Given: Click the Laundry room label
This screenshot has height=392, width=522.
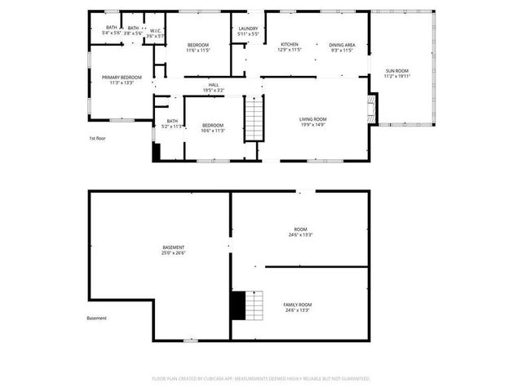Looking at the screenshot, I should (x=248, y=29).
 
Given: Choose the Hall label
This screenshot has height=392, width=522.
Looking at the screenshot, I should (x=214, y=84).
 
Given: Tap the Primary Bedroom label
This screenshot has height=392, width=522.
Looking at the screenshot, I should (x=122, y=78).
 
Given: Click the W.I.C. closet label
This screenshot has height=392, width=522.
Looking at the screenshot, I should (x=155, y=32).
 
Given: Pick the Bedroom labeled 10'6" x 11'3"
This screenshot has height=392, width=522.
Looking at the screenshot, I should (x=213, y=125).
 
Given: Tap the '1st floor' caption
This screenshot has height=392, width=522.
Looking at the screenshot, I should (x=99, y=138).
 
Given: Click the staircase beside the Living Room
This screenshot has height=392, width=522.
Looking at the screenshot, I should (x=255, y=118).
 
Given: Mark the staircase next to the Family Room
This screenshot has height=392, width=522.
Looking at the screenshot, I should (x=250, y=305).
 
